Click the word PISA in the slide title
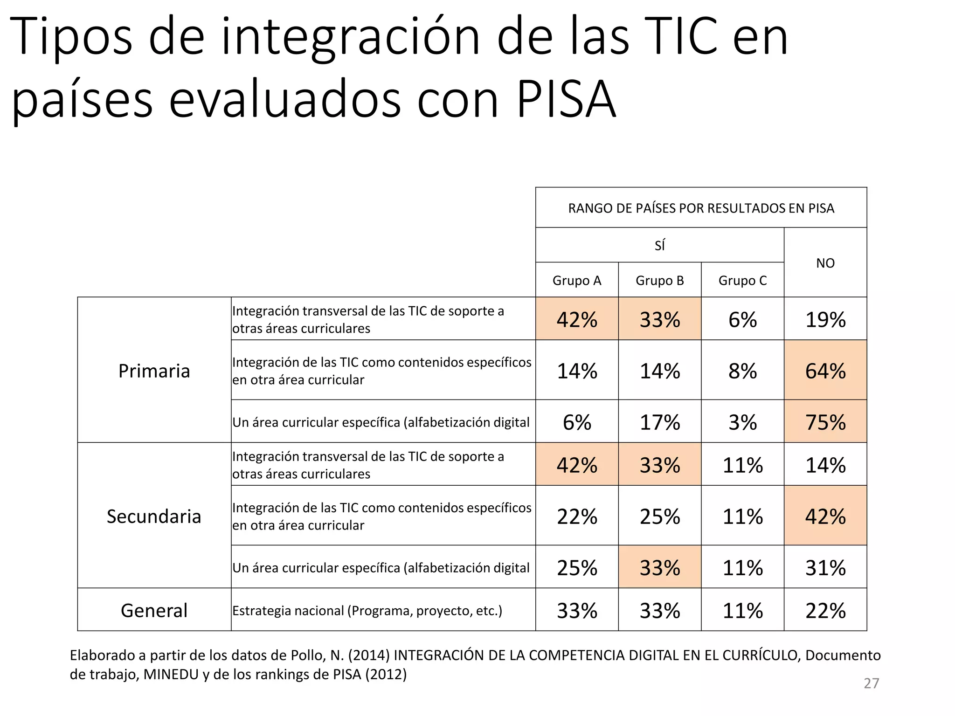pos(566,99)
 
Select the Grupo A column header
pos(577,280)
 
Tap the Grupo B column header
pos(659,280)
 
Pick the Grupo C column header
pos(742,280)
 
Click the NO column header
pos(825,263)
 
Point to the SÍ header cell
pos(659,245)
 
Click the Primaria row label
pos(154,371)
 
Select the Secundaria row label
pos(154,516)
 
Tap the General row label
pos(154,610)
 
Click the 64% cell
pos(825,371)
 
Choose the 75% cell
pos(825,422)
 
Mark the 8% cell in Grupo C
pos(742,371)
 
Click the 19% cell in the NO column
pos(825,319)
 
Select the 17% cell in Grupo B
pos(659,422)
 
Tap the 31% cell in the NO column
pos(825,567)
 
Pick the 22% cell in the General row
pos(825,610)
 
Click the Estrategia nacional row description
pos(367,610)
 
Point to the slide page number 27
pos(871,683)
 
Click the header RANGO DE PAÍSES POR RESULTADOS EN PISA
pos(701,208)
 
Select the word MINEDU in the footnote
pos(171,674)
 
